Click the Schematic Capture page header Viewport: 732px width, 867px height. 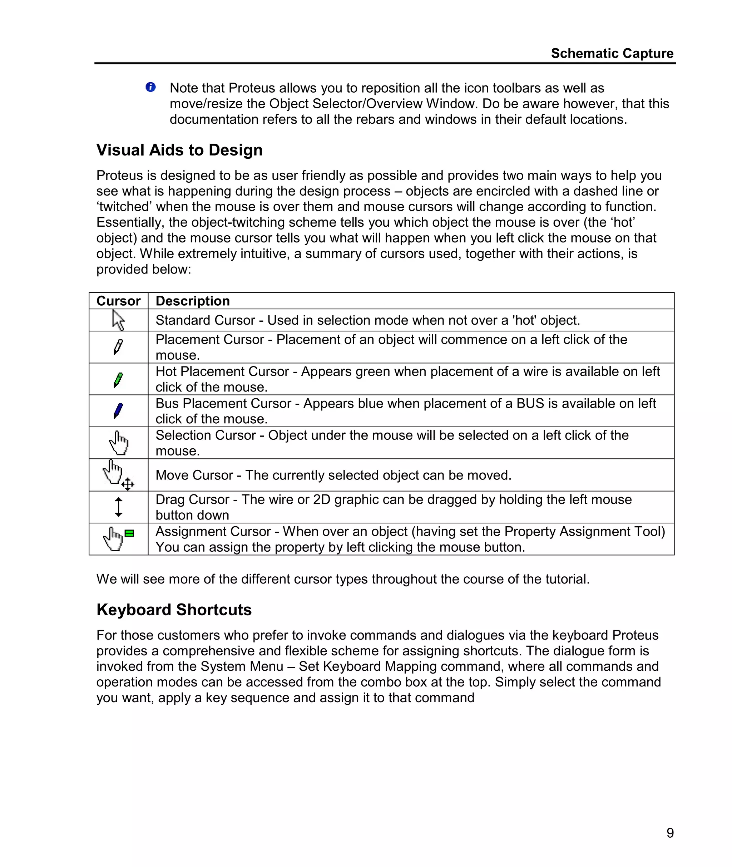[612, 54]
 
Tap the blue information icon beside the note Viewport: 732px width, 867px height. [150, 87]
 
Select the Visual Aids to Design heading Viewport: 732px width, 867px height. [179, 150]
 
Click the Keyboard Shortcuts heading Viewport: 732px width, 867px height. [174, 610]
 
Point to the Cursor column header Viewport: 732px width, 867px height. [118, 301]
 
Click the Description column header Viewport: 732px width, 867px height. [193, 301]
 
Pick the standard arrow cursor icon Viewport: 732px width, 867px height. [118, 320]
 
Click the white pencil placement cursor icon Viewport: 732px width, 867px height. [118, 347]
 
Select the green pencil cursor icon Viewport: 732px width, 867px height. [118, 379]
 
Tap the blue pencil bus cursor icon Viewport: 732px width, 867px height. [118, 411]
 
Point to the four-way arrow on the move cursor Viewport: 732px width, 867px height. [128, 484]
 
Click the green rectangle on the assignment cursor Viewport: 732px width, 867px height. [129, 533]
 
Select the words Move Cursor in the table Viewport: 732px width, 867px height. [194, 475]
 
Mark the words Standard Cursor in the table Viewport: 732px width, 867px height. [205, 320]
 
